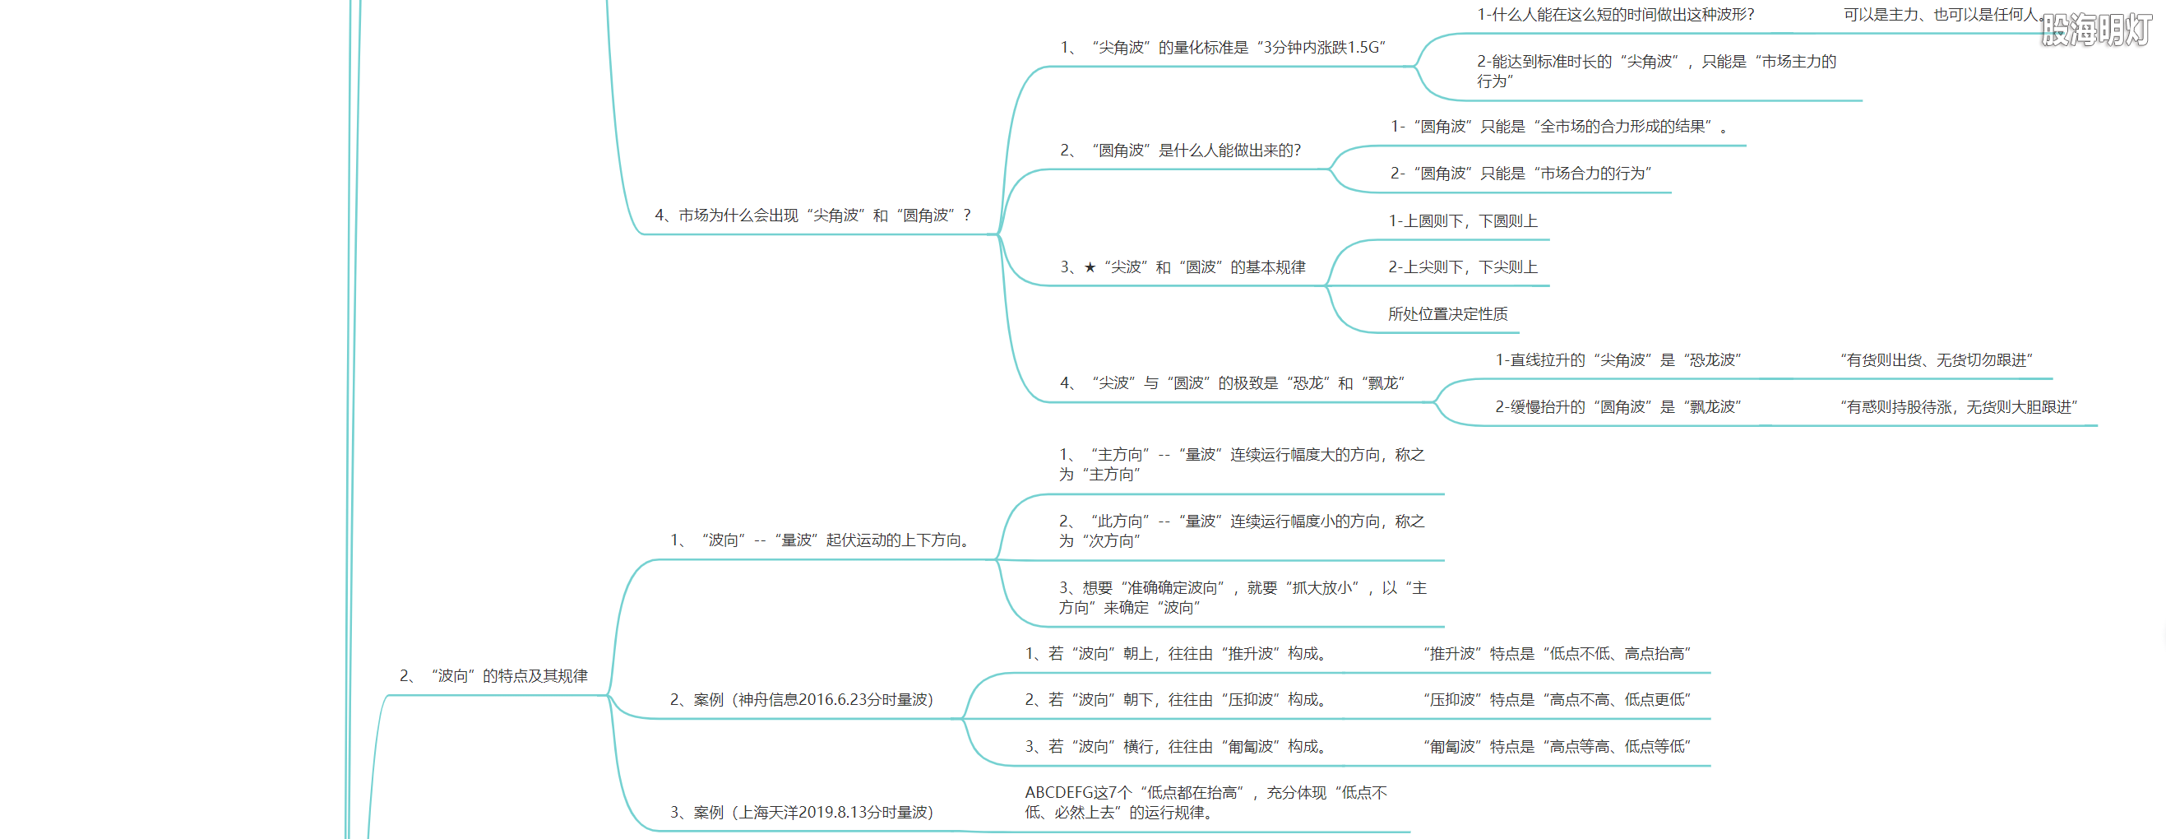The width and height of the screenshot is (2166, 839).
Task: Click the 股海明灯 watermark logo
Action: (x=2095, y=30)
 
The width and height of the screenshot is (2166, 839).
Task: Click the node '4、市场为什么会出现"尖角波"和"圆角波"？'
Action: (x=812, y=216)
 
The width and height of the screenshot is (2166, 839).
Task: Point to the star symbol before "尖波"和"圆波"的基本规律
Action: (x=1090, y=267)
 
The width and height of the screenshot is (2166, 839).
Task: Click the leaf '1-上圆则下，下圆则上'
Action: (x=1462, y=221)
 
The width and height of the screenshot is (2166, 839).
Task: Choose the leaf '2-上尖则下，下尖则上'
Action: (x=1462, y=267)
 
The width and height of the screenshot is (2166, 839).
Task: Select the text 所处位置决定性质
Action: (x=1447, y=314)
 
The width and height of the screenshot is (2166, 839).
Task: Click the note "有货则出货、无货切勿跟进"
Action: (x=1936, y=360)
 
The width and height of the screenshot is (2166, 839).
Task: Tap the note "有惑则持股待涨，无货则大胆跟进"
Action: (x=1958, y=408)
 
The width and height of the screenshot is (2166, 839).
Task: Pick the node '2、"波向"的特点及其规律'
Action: (x=493, y=676)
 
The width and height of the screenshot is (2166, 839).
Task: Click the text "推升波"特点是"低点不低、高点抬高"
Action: (x=1557, y=654)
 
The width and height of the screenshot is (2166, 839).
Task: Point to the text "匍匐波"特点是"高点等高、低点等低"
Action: (x=1557, y=747)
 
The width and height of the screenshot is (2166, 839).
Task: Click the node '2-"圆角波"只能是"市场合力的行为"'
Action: (x=1520, y=174)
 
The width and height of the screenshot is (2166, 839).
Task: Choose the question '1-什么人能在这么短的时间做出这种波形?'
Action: (x=1615, y=15)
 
